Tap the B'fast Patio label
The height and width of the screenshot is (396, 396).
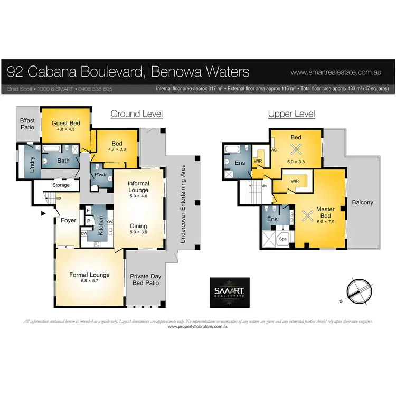[27, 124]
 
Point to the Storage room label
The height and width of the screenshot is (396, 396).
[61, 185]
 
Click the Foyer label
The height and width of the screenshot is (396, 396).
[69, 220]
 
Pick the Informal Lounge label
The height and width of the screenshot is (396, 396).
[139, 186]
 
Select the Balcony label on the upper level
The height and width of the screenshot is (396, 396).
[362, 202]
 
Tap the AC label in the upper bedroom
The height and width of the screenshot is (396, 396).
[274, 150]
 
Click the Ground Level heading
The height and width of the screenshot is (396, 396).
[136, 114]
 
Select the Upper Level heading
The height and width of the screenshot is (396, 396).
[291, 114]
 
